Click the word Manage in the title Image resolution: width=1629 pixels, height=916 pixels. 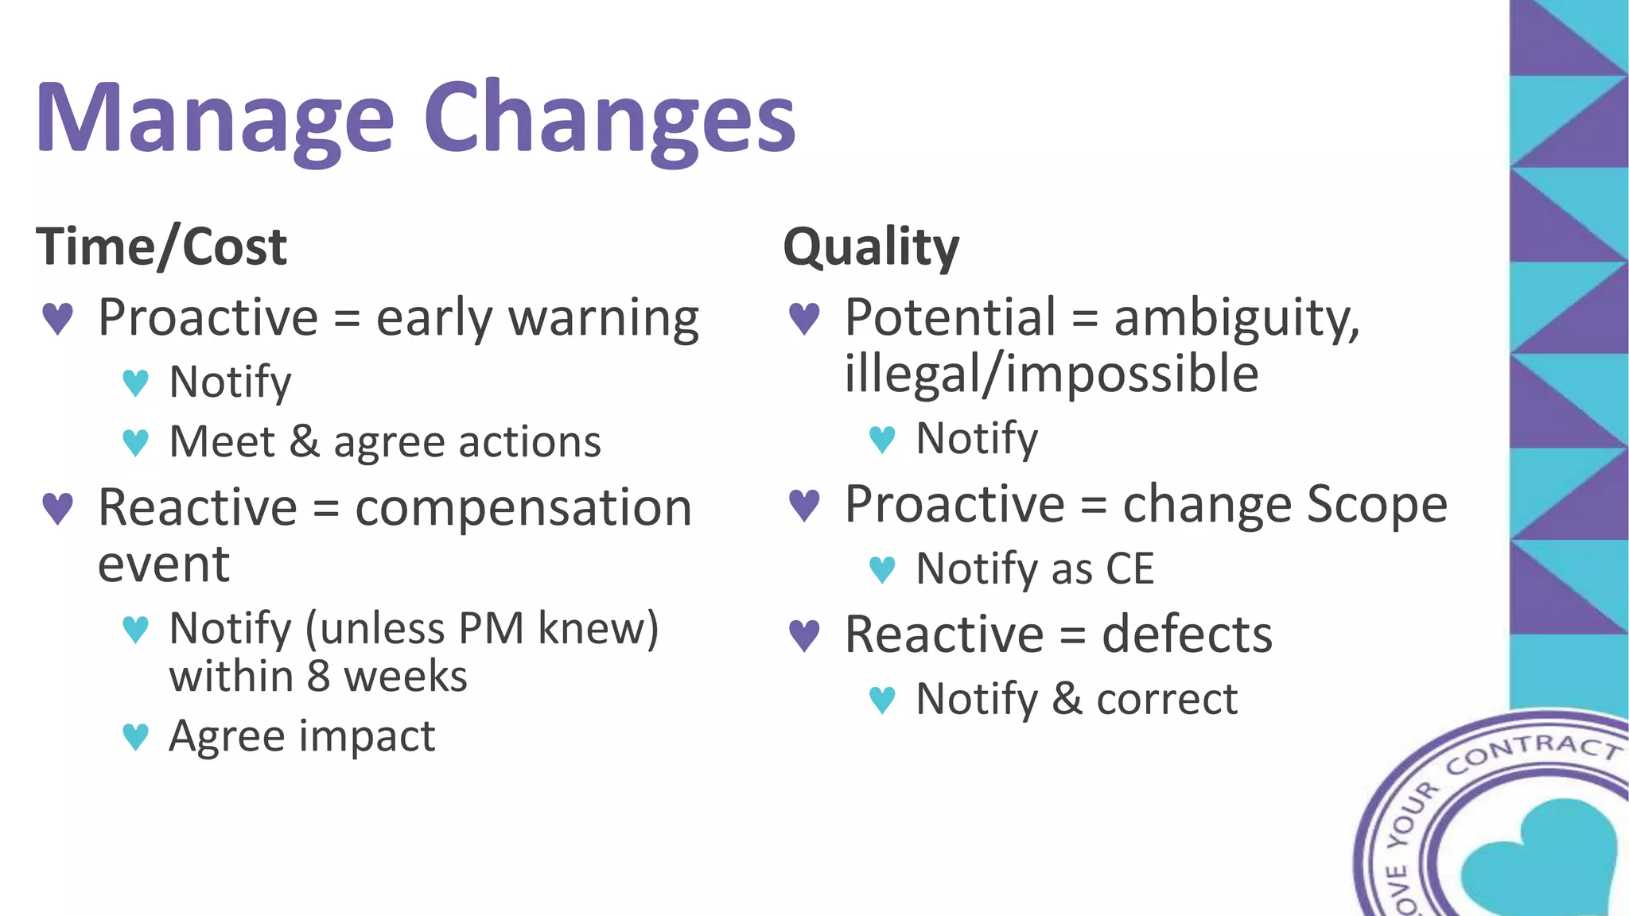[x=215, y=119]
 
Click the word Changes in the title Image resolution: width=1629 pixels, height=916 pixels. [x=609, y=119]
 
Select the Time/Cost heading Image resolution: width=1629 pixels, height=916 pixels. [x=161, y=246]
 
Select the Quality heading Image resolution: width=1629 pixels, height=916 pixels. [x=871, y=246]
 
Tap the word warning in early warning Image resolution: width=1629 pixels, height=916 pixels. [x=604, y=318]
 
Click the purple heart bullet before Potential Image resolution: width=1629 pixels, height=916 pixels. [x=804, y=319]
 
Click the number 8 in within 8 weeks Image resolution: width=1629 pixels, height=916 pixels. [x=318, y=677]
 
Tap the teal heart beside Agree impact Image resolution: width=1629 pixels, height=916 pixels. [x=136, y=736]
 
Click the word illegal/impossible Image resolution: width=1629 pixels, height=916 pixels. [x=1051, y=374]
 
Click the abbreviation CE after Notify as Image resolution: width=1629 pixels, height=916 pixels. [x=1129, y=569]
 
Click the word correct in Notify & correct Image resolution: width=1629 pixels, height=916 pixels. [x=1167, y=700]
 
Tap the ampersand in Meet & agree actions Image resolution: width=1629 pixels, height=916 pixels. [x=304, y=442]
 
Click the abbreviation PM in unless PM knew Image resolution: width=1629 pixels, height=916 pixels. [x=491, y=629]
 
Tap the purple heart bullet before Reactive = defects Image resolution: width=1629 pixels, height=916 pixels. [x=804, y=635]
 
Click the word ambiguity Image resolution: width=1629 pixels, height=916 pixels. [x=1236, y=318]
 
